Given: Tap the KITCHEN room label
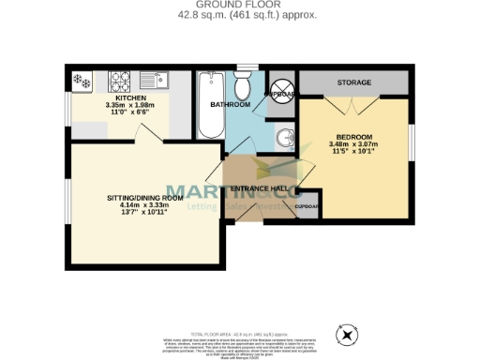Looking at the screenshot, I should pos(131,97).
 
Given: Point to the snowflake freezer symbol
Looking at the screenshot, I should pos(81,81).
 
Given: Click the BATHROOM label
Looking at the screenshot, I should pos(229,105).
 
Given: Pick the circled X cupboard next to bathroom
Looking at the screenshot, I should pos(278,84).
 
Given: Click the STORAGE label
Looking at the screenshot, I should pos(354,83).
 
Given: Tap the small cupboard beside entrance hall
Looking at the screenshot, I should pos(306,207).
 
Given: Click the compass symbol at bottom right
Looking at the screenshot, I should pos(348,334).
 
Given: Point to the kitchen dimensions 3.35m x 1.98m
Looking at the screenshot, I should pos(131,105).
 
